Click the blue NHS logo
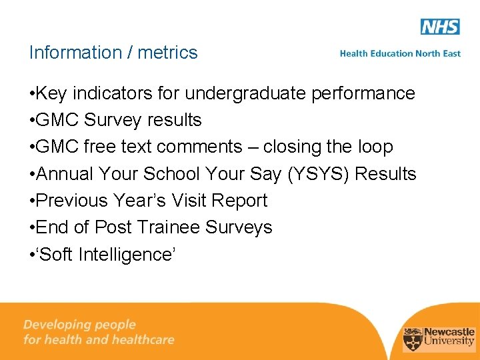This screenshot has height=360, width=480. coord(440,27)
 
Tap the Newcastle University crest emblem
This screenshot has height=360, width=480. coord(413,337)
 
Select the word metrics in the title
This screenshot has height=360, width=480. coord(167,53)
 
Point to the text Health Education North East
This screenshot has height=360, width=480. coord(400,53)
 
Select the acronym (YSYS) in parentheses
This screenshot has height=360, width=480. coord(318,175)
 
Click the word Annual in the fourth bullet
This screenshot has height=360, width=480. coord(65,174)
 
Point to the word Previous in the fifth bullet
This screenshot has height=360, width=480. coord(71,201)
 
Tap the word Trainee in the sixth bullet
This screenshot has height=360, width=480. coord(169,227)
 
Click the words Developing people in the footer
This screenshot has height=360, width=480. coord(79,325)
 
